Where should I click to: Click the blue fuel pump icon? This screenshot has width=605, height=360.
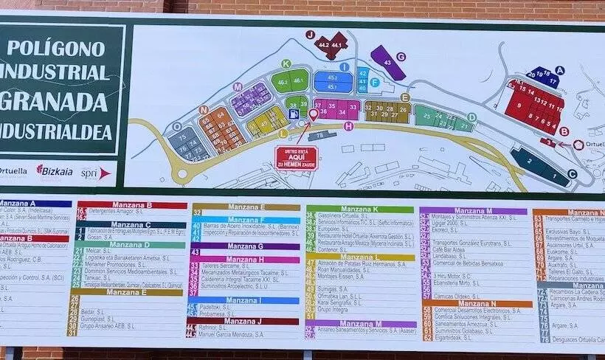(295, 114)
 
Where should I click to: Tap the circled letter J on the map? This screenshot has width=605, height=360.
(311, 35)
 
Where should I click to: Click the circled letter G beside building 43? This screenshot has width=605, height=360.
(401, 56)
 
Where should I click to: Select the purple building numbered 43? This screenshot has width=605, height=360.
(387, 61)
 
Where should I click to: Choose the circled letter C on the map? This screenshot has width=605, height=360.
(572, 174)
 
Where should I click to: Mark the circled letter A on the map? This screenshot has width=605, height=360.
(559, 70)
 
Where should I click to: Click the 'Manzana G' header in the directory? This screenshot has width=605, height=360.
(246, 246)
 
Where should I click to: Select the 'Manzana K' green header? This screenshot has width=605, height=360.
(359, 210)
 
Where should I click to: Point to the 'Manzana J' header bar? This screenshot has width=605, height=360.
(245, 321)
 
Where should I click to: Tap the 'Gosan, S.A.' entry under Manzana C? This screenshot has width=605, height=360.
(100, 238)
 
